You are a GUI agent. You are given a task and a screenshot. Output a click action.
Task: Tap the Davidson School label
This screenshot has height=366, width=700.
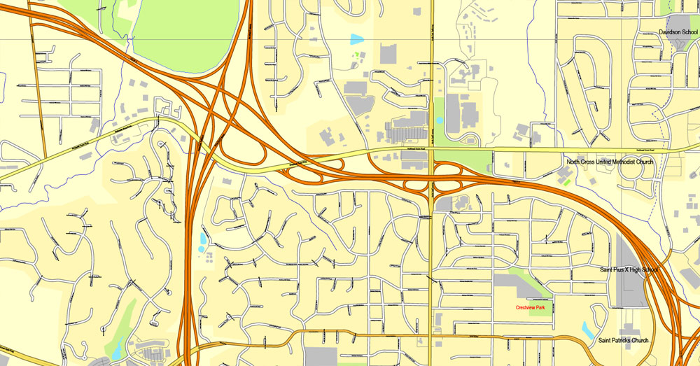pyautogui.click(x=678, y=32)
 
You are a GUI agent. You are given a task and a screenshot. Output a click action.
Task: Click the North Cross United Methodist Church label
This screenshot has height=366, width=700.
pyautogui.click(x=610, y=162)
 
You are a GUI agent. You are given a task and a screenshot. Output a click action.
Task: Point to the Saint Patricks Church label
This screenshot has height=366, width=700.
pyautogui.click(x=623, y=341)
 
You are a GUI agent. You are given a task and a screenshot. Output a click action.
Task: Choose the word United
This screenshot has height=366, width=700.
pyautogui.click(x=598, y=162)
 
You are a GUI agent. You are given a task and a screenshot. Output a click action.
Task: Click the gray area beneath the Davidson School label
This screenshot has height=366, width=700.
pyautogui.click(x=679, y=42)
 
